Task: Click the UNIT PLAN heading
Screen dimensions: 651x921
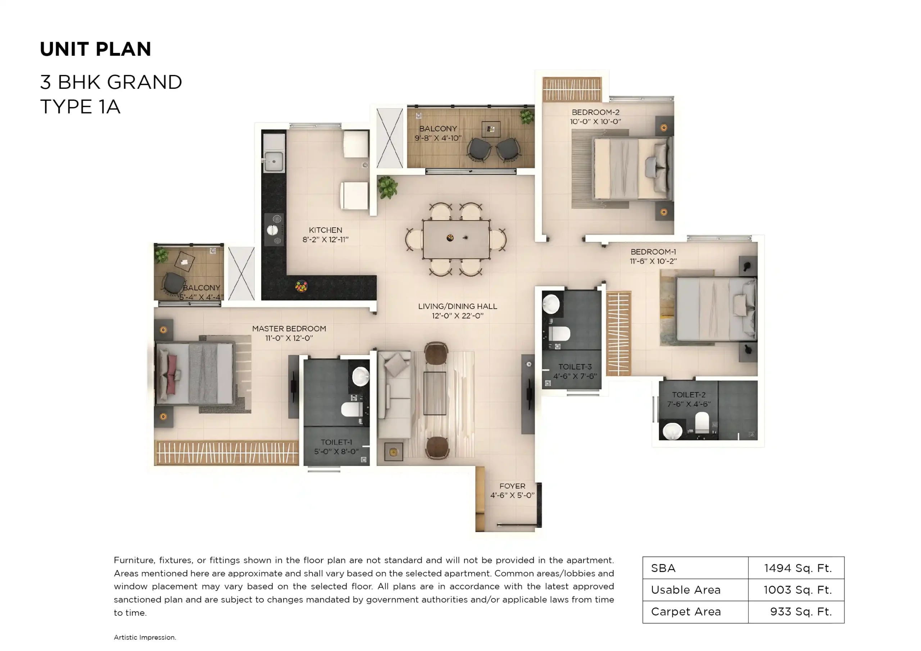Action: click(x=95, y=49)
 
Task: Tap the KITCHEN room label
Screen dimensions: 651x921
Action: click(x=325, y=230)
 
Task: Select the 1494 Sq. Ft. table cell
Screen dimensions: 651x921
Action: click(x=797, y=568)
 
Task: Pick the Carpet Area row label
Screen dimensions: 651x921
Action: click(x=686, y=612)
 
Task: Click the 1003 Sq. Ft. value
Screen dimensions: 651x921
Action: click(x=797, y=590)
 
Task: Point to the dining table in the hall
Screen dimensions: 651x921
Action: click(x=456, y=240)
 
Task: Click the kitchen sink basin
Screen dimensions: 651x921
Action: click(x=273, y=161)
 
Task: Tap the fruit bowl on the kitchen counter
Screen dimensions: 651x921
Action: click(x=301, y=286)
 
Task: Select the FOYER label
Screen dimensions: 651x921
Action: click(x=512, y=486)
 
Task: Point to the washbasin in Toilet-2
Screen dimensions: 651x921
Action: click(x=672, y=431)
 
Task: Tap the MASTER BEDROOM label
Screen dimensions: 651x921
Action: click(x=289, y=328)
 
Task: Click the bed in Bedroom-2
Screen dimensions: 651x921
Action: click(x=632, y=168)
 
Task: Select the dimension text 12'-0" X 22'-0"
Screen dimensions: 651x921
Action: click(x=457, y=316)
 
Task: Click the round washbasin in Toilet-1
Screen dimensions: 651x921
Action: click(x=360, y=376)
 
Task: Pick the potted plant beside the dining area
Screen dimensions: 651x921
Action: click(x=387, y=187)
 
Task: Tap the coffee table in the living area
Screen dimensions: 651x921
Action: click(x=435, y=393)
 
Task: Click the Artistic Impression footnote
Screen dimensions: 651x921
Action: click(x=145, y=637)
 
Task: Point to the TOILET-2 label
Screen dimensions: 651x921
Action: click(x=688, y=395)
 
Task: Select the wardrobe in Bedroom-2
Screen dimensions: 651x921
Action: click(x=572, y=89)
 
